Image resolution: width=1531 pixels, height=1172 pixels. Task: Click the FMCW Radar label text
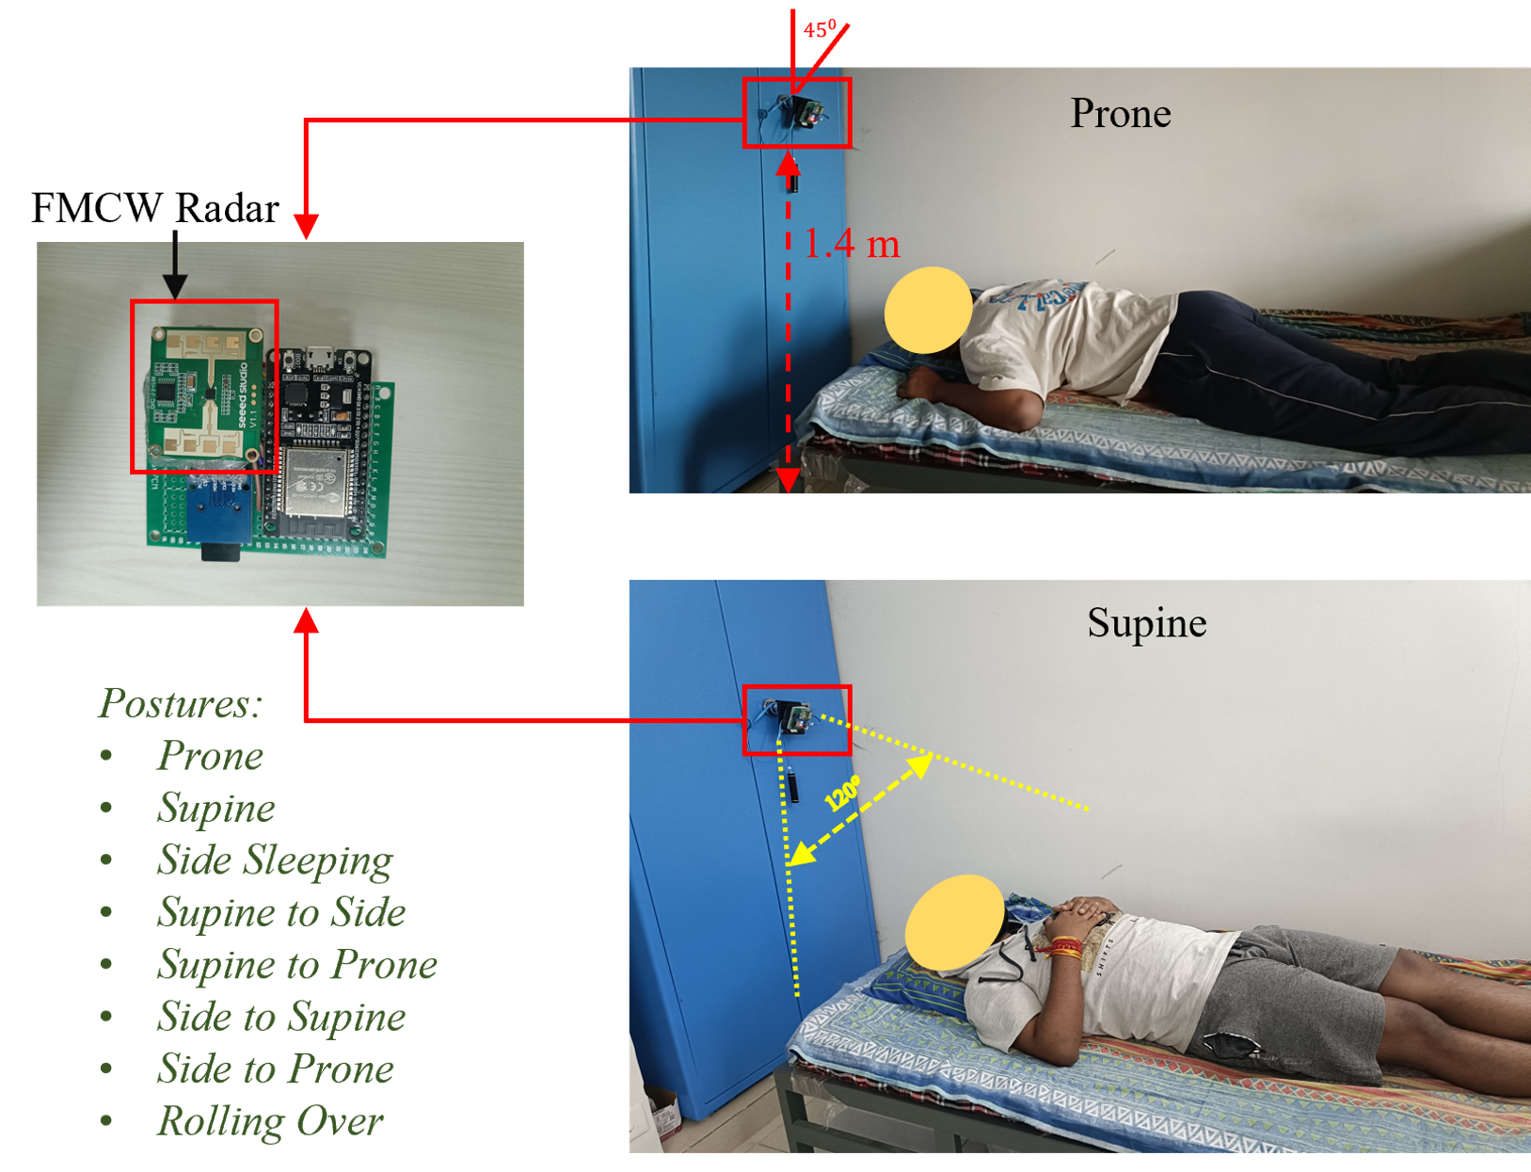pos(155,208)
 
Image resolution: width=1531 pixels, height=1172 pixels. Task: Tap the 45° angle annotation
pos(820,29)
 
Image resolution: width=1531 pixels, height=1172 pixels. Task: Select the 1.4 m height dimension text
pos(852,244)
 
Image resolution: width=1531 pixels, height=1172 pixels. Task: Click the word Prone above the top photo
pos(1120,113)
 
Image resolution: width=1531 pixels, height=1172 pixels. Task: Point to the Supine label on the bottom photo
pos(1147,623)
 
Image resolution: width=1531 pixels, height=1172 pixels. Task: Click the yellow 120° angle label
pos(842,794)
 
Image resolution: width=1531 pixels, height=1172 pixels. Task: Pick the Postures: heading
pos(180,702)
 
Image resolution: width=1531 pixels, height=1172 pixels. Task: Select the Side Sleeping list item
pos(275,860)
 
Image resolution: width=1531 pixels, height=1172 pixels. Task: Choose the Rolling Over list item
pos(270,1121)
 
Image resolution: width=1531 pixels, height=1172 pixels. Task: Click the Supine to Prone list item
pos(297,965)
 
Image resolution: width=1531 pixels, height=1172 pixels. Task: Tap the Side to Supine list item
pos(281,1017)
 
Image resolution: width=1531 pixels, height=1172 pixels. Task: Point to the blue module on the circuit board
pos(218,507)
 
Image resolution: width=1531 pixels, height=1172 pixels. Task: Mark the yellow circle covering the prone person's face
pos(929,310)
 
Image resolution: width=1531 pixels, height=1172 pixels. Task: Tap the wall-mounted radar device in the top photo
pos(802,112)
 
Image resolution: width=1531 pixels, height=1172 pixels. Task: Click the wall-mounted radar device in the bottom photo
pos(795,717)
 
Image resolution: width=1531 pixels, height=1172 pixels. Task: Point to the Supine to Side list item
pos(281,912)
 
